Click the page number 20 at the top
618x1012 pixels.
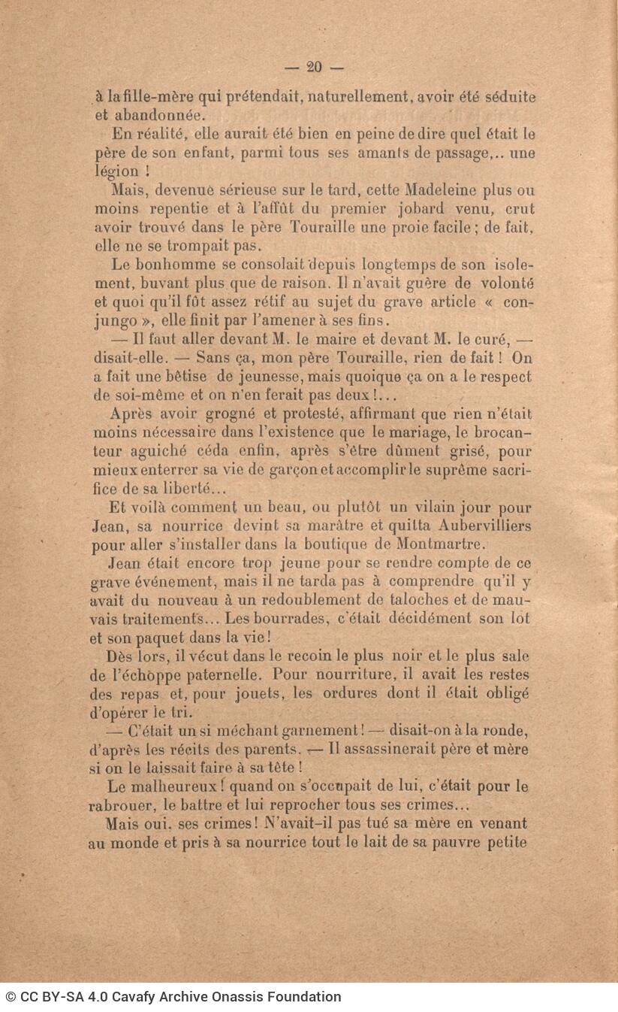314,67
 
